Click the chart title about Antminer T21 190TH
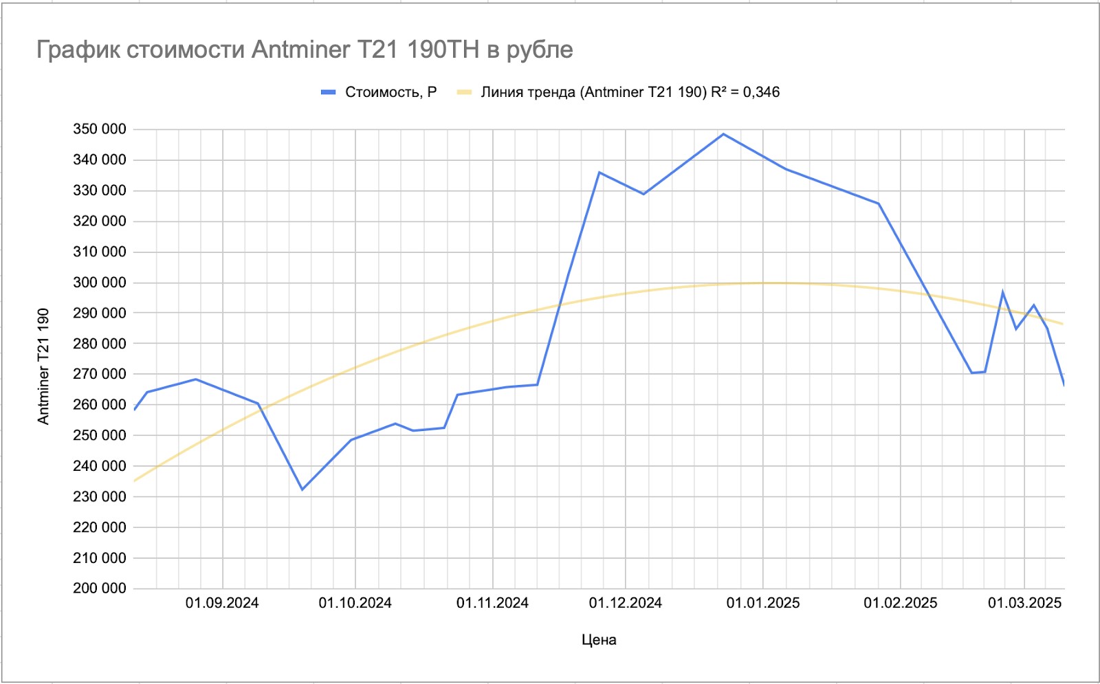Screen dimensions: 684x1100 [x=305, y=49]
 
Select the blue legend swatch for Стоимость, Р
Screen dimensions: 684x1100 [x=328, y=92]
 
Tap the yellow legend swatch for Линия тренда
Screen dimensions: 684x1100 [x=465, y=92]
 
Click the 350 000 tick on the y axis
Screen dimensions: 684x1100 [x=100, y=129]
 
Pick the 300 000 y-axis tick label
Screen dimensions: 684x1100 [x=100, y=283]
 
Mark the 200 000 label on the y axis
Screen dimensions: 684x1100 [x=100, y=588]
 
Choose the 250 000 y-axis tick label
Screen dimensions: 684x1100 [x=100, y=435]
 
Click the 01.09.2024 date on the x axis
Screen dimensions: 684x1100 [x=222, y=604]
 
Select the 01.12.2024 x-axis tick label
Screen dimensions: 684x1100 [x=625, y=604]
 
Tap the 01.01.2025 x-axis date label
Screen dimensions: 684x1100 [x=763, y=604]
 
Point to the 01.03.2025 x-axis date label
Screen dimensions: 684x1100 [x=1024, y=604]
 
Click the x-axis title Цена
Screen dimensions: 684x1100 [x=599, y=640]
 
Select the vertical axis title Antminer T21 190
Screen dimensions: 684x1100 [x=43, y=366]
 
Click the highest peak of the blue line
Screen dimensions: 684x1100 [x=723, y=134]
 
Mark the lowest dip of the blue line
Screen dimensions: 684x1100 [x=302, y=489]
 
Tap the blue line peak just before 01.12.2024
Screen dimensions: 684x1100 [x=599, y=173]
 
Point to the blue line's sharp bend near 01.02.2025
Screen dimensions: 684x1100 [x=879, y=203]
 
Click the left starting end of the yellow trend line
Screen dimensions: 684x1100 [x=135, y=481]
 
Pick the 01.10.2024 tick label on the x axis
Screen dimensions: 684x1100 [x=355, y=604]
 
